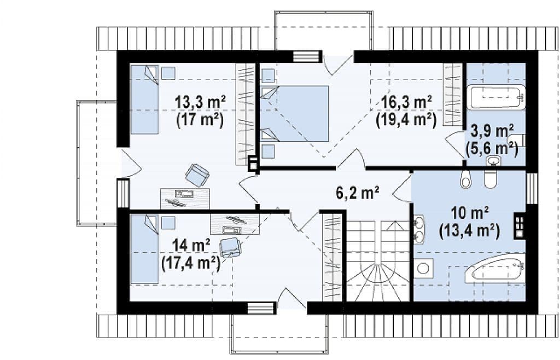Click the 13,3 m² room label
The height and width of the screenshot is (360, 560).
click(x=200, y=102)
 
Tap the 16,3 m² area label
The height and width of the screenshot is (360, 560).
click(x=407, y=102)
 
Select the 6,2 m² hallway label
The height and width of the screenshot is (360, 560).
click(x=358, y=193)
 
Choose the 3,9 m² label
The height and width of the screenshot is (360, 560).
click(x=493, y=131)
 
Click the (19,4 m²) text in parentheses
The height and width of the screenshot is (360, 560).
click(x=406, y=120)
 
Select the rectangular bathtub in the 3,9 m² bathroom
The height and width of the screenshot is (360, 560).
click(x=496, y=97)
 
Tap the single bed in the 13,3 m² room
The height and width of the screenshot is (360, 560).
click(x=144, y=99)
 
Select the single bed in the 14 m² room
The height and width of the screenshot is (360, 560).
click(x=144, y=248)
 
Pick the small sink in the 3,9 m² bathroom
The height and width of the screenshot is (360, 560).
click(x=494, y=161)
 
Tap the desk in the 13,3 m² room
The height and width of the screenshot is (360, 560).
click(x=184, y=199)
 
